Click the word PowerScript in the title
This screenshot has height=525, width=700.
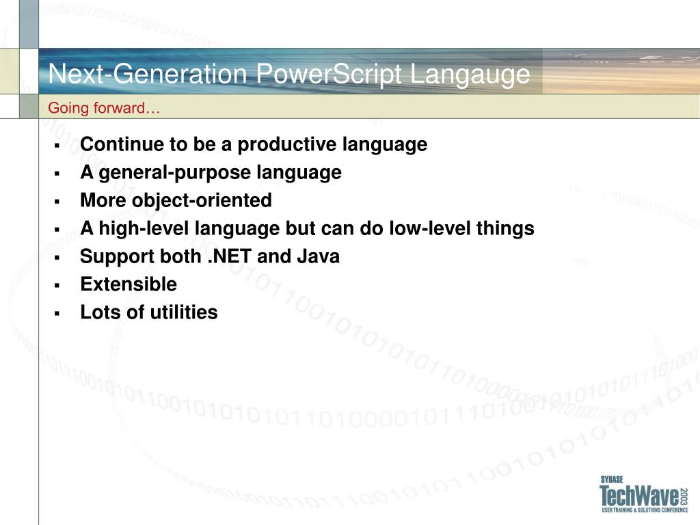(329, 74)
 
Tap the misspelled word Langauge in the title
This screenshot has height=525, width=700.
(470, 75)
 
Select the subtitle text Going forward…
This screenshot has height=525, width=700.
(104, 108)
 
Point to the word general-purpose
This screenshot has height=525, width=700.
(174, 173)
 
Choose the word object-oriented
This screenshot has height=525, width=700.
(202, 201)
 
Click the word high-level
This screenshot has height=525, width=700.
(144, 228)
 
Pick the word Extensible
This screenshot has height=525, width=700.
(129, 284)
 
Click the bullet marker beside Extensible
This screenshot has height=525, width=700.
(57, 285)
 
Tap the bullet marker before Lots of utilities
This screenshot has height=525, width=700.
(57, 313)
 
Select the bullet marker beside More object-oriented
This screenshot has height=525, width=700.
(57, 202)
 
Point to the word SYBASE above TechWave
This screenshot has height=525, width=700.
(612, 479)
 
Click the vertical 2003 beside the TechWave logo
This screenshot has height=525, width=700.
(684, 496)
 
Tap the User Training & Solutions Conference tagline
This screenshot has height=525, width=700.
(645, 510)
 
